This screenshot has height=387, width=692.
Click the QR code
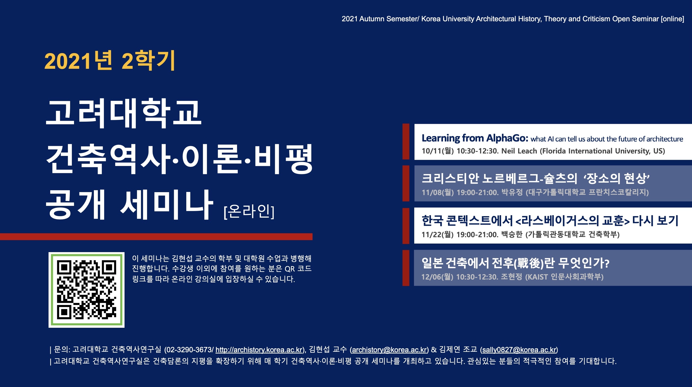point(86,290)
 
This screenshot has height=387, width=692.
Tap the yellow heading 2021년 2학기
point(110,61)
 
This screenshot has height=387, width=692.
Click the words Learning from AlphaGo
point(475,138)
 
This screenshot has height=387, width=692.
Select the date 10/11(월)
point(438,151)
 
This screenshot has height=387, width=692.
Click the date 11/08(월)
point(438,192)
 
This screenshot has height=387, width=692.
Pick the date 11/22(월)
point(437,235)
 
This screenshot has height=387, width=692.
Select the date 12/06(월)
point(437,277)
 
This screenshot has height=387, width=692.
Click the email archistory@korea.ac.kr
point(389,350)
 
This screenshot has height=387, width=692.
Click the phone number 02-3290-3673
point(189,350)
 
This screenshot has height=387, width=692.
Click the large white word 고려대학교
point(124,113)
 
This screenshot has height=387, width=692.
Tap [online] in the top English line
point(672,19)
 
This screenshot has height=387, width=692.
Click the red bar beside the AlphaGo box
point(406,141)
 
